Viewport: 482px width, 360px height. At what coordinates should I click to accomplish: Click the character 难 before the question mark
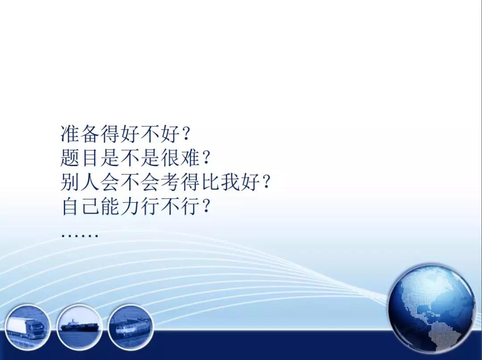tap(191, 158)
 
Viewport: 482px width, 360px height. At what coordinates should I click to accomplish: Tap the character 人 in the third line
tap(90, 182)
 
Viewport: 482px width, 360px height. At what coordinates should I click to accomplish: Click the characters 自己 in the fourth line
tap(80, 206)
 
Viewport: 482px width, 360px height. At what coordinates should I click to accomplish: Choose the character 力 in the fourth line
tap(130, 206)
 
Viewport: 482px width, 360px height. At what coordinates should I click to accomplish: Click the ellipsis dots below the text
tap(80, 236)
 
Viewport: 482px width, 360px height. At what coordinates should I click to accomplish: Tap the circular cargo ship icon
tap(79, 327)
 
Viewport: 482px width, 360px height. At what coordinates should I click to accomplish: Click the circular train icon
tap(131, 327)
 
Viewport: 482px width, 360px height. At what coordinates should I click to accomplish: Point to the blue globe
tap(432, 308)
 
